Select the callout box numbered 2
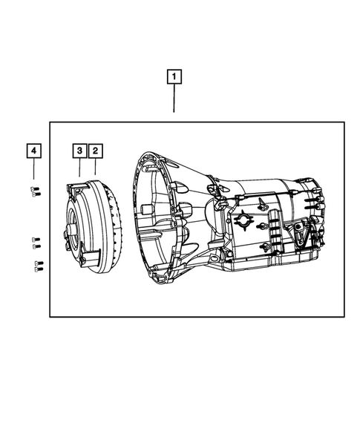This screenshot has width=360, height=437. pos(95,151)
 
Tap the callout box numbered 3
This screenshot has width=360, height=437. pos(79,151)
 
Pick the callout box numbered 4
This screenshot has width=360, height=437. pos(33,151)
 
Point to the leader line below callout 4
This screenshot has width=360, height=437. pos(33,171)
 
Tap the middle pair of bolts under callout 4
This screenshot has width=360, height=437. pos(35,240)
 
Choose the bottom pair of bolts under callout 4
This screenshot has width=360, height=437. pos(37,265)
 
